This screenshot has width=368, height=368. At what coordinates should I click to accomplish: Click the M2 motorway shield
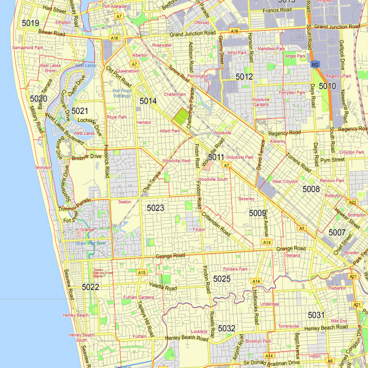(315, 64)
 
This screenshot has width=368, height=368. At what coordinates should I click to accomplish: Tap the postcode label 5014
(148, 101)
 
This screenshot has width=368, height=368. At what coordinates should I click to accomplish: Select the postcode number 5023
(155, 209)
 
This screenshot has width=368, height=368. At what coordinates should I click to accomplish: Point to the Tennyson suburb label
(44, 167)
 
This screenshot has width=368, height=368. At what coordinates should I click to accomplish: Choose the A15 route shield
(142, 272)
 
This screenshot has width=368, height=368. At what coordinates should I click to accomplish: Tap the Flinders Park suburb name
(234, 269)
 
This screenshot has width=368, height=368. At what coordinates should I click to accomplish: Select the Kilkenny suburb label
(278, 141)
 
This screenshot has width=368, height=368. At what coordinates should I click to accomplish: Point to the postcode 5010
(327, 86)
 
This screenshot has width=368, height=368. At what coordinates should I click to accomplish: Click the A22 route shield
(353, 202)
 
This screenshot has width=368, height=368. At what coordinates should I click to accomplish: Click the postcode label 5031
(316, 315)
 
